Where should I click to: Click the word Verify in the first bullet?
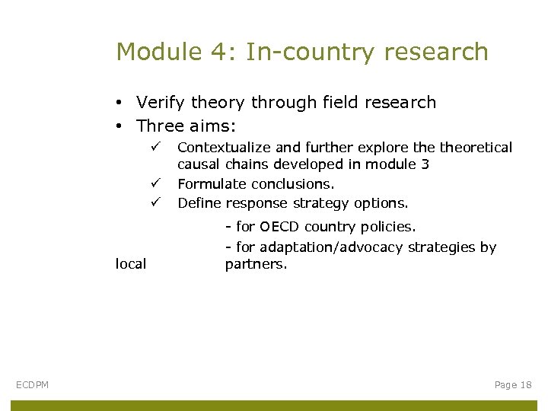159,103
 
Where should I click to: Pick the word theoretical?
476,148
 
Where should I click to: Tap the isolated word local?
131,265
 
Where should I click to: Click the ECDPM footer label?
32,385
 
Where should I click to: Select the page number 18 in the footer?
524,385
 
